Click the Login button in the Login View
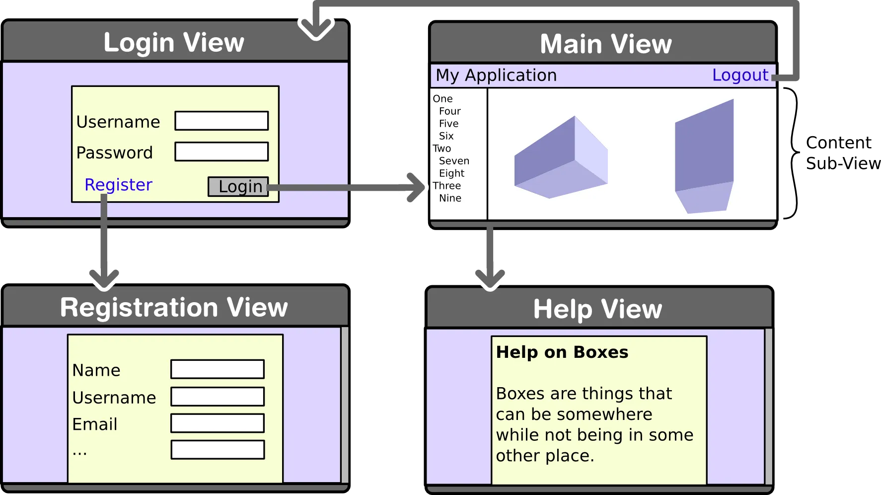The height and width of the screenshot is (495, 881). (x=238, y=186)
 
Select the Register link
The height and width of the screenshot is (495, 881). (x=118, y=185)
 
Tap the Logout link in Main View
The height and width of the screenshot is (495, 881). (x=740, y=75)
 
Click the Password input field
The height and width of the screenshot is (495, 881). (x=221, y=152)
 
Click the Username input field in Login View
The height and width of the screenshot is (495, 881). (x=221, y=121)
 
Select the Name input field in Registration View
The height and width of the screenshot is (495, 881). (x=218, y=369)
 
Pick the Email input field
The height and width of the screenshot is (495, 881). (x=218, y=423)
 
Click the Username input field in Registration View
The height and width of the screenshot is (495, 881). (x=218, y=397)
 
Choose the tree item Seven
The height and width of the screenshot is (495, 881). (x=454, y=161)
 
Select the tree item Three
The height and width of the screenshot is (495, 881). (x=446, y=186)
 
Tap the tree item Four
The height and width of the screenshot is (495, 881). (x=449, y=111)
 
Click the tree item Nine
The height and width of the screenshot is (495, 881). (x=450, y=198)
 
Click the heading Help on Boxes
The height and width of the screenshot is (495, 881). (x=562, y=352)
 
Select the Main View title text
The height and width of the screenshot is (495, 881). (x=606, y=44)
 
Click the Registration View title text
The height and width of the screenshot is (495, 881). (x=174, y=307)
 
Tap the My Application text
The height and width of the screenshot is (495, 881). (x=496, y=75)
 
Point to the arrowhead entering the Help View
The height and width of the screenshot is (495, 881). (x=490, y=279)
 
